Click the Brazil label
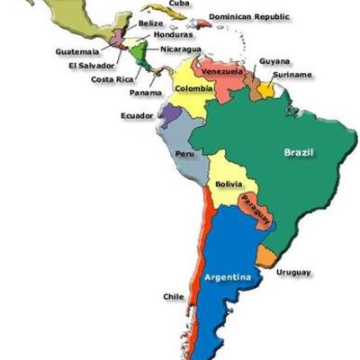[298, 152]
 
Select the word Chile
[174, 296]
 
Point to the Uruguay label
[293, 272]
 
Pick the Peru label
[185, 154]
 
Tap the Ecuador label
[138, 115]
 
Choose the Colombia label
[193, 89]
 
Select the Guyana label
[274, 61]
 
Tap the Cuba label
[179, 4]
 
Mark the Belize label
[150, 22]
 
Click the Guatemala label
[77, 51]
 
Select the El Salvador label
[88, 65]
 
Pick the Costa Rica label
[112, 79]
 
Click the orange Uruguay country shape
[266, 256]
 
